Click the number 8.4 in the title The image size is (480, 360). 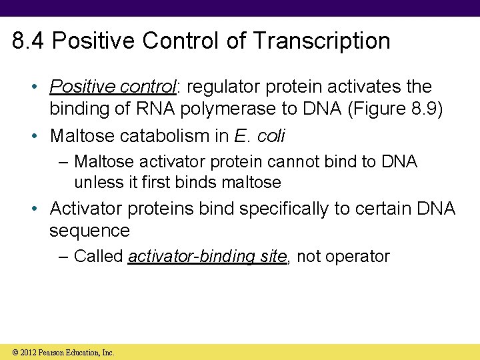pos(29,41)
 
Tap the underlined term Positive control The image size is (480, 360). pos(111,87)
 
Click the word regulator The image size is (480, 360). pos(219,87)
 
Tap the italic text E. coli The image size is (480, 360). pos(260,136)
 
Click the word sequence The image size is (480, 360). pos(89,231)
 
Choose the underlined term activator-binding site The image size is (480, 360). pos(207,257)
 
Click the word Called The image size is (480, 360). pos(98,257)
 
